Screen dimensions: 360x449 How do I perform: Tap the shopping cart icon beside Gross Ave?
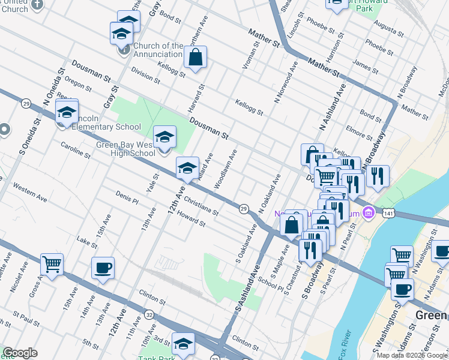pyautogui.click(x=52, y=263)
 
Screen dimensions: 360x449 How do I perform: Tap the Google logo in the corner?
pyautogui.click(x=20, y=353)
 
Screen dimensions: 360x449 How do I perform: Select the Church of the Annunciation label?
pyautogui.click(x=158, y=50)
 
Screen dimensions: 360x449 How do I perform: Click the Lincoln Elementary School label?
pyautogui.click(x=103, y=127)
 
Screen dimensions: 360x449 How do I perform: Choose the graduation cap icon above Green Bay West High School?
pyautogui.click(x=164, y=137)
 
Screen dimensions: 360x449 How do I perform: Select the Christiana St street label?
pyautogui.click(x=201, y=204)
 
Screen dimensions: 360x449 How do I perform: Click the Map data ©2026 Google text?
pyautogui.click(x=411, y=355)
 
